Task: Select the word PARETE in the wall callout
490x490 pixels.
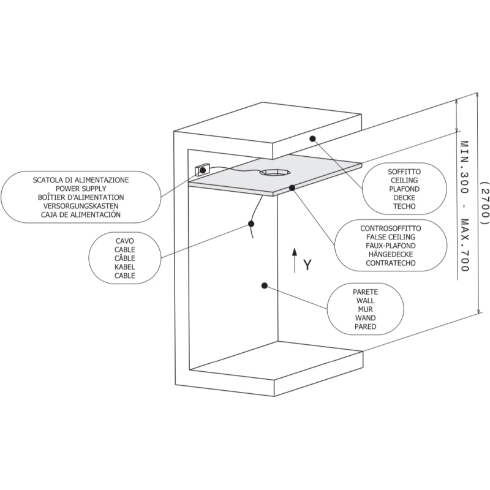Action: [365, 292]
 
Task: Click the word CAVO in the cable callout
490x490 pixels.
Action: [124, 241]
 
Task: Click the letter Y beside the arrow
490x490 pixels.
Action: [308, 265]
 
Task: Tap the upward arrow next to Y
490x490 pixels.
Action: [294, 260]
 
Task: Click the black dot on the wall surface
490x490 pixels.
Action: [264, 285]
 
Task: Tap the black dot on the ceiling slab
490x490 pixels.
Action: [312, 138]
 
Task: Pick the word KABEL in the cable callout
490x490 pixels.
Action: [124, 267]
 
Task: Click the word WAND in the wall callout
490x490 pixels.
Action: [365, 318]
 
